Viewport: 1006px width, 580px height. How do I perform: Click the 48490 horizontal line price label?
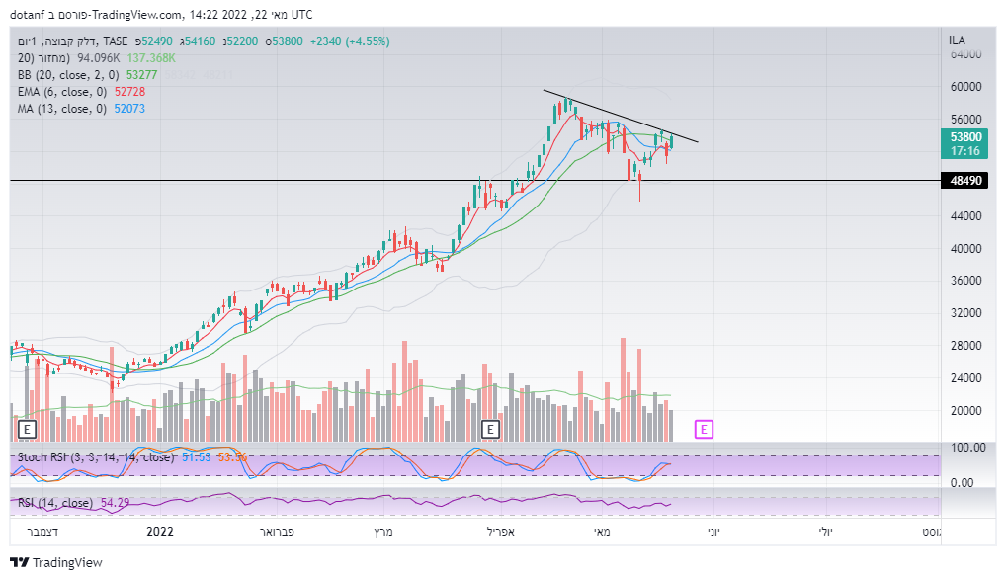(965, 181)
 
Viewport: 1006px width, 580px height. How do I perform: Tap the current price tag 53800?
(965, 137)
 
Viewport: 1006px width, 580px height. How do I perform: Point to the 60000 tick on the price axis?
(965, 87)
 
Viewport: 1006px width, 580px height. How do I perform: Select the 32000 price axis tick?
(965, 313)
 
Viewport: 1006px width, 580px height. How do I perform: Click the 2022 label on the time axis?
(160, 532)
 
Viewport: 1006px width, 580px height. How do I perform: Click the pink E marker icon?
(704, 429)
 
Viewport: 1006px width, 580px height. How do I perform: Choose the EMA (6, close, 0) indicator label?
(62, 92)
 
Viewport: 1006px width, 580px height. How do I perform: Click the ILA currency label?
(957, 41)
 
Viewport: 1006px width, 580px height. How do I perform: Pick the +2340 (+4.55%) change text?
(350, 41)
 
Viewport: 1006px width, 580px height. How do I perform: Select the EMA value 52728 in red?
(129, 92)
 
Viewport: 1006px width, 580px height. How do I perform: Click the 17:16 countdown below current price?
(965, 151)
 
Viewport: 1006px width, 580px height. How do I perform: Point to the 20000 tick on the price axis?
(965, 411)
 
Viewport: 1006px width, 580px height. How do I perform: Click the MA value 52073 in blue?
(129, 109)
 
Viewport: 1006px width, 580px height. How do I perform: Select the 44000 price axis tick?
(965, 216)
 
